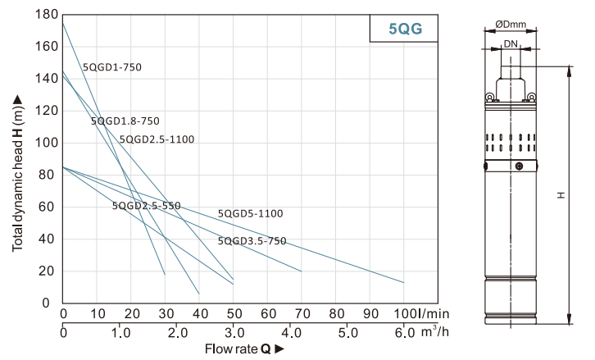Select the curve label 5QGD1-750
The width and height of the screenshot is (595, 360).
[112, 67]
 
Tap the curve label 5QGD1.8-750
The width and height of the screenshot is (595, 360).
[125, 121]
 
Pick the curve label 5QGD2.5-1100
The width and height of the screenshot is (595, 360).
[157, 139]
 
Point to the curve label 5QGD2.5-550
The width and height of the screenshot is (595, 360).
[146, 206]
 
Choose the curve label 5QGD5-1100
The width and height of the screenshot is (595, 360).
[250, 214]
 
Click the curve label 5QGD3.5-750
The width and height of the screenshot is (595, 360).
[252, 241]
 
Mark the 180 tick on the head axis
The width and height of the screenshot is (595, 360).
[48, 15]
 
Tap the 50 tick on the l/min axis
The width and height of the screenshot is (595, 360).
[234, 314]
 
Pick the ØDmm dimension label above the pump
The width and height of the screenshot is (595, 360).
[514, 25]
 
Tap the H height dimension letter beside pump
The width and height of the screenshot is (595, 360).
[561, 196]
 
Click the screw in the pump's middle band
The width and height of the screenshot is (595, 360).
[518, 166]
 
